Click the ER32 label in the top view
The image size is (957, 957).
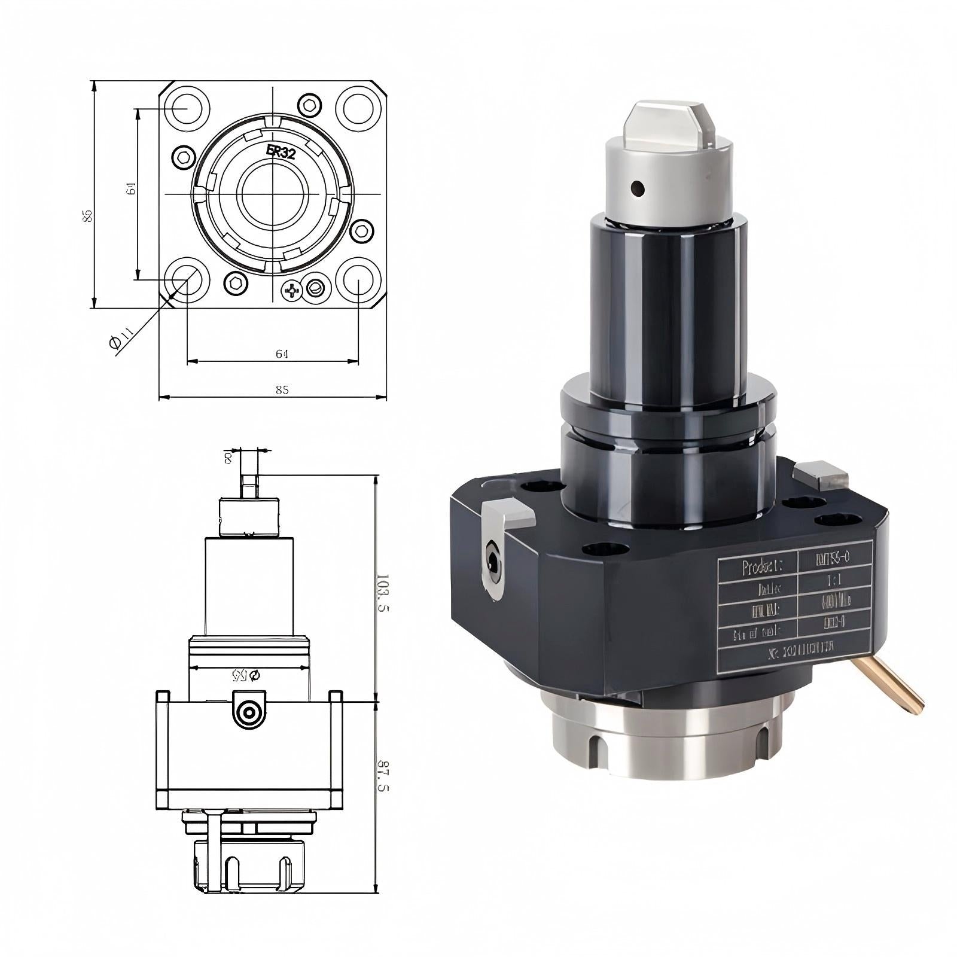(281, 151)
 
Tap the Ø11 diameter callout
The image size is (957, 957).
(121, 339)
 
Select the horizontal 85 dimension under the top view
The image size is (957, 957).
(282, 390)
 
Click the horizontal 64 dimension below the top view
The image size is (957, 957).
(282, 354)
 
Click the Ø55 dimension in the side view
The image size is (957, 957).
(246, 675)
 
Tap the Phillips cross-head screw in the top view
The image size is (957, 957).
(292, 291)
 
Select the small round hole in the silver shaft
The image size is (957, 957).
(638, 189)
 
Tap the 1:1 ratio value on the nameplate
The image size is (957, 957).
(833, 580)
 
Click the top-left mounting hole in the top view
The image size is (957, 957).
(187, 108)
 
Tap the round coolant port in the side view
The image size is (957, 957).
(248, 712)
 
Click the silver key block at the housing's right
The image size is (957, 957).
(822, 475)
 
